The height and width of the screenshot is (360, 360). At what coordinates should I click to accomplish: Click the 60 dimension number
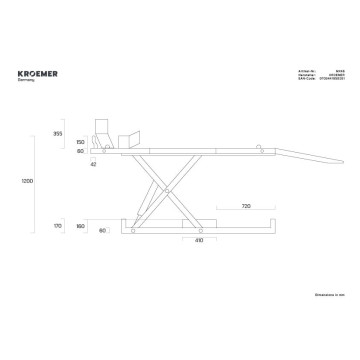103,231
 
